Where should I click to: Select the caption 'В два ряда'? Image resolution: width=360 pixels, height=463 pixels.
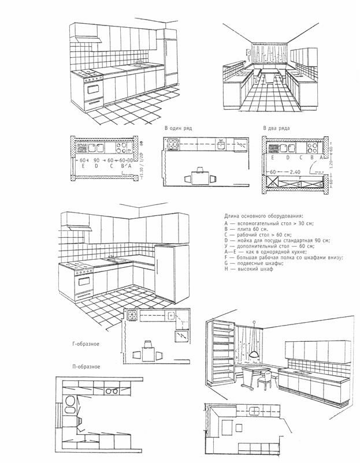(276, 128)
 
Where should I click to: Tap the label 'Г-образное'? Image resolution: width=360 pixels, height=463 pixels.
(87, 345)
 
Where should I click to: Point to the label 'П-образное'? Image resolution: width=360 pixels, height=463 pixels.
(87, 367)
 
